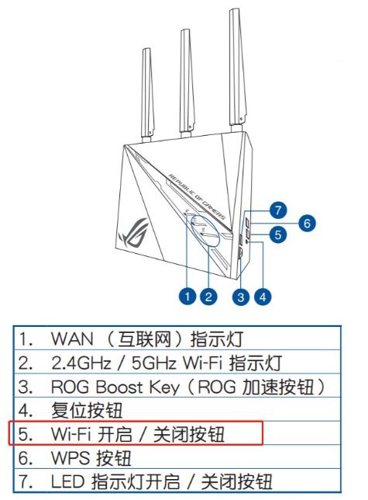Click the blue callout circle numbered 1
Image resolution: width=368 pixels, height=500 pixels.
(x=187, y=297)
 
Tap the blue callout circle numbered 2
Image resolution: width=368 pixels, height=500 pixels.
(x=208, y=297)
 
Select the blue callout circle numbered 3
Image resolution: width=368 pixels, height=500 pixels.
(x=241, y=297)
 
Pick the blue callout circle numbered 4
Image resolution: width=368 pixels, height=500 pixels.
(x=263, y=297)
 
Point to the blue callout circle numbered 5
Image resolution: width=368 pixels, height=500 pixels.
(x=278, y=234)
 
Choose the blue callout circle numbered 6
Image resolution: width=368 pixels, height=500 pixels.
(x=307, y=223)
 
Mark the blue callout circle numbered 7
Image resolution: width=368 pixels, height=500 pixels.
(x=278, y=210)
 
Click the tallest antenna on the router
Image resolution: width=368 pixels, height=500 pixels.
(x=238, y=70)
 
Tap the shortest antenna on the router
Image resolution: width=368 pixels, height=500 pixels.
(x=147, y=95)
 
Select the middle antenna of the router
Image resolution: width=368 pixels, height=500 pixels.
(x=187, y=84)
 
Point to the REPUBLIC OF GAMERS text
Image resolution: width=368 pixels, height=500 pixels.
(x=198, y=197)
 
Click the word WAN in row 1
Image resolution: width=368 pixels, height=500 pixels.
(x=72, y=339)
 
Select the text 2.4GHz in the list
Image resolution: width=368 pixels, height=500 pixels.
(x=81, y=363)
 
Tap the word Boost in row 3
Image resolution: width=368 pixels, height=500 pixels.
(x=119, y=387)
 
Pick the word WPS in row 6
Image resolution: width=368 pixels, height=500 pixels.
(x=71, y=458)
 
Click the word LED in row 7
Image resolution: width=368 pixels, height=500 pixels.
(x=67, y=481)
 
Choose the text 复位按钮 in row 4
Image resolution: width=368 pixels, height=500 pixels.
(x=87, y=411)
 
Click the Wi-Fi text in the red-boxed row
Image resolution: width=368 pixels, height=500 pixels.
(x=71, y=434)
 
